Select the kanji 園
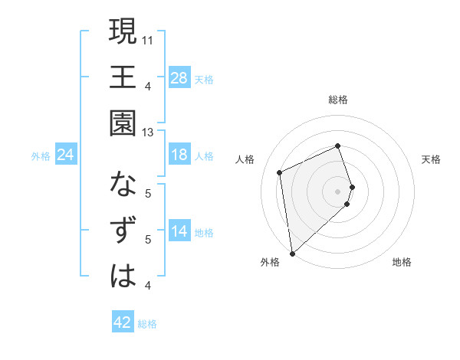coord(123,123)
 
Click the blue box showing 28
coord(179,78)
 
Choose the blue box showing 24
coord(66,155)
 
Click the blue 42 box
coord(123,322)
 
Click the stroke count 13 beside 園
coord(148,133)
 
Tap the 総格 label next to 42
coord(147,324)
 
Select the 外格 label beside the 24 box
coord(41,156)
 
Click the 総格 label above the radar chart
coord(338,100)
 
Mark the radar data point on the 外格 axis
coord(292,254)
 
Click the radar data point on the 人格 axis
coord(280,172)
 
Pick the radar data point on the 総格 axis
coord(338,146)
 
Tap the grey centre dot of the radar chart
coord(338,191)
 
